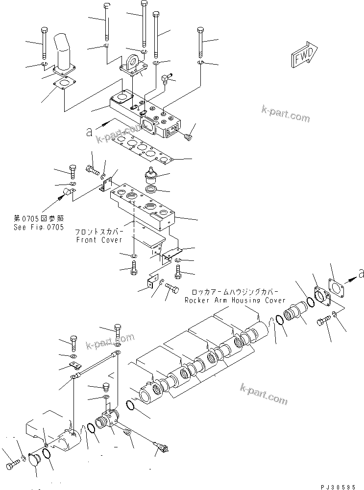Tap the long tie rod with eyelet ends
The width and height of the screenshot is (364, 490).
point(95,364)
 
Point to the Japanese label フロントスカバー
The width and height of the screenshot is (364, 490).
point(102,232)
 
